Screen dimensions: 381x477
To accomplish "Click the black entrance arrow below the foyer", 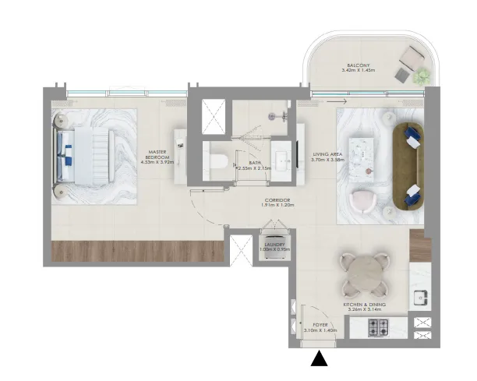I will (x=320, y=358).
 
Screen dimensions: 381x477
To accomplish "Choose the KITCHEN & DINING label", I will (x=360, y=305).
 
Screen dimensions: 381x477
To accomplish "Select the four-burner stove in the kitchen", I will (x=379, y=326).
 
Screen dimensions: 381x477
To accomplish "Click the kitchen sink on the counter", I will (x=420, y=295).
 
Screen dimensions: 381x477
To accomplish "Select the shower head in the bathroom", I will (x=274, y=115).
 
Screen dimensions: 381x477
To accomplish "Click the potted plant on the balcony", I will (x=422, y=76).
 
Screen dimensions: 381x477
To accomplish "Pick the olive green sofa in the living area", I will (x=406, y=165).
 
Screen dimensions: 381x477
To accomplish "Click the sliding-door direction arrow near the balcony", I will (x=337, y=101).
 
